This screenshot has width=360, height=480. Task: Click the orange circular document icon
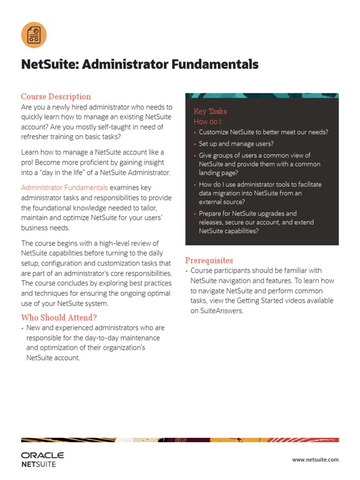[34, 35]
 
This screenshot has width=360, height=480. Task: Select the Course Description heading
[56, 97]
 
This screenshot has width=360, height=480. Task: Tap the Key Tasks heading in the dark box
[210, 111]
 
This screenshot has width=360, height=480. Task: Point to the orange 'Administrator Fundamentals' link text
[64, 187]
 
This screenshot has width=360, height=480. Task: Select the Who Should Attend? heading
[59, 317]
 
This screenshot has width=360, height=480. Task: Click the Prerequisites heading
[209, 260]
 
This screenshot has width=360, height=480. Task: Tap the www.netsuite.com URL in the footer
[315, 460]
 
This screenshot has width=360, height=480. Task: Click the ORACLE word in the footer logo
[43, 455]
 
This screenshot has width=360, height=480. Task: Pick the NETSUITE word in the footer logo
[38, 465]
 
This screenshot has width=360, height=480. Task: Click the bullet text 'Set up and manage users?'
[236, 144]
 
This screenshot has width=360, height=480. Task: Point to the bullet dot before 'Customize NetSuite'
[195, 133]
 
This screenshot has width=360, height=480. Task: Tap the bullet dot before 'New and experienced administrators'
[22, 328]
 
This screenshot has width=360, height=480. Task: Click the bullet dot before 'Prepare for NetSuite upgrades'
[195, 214]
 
